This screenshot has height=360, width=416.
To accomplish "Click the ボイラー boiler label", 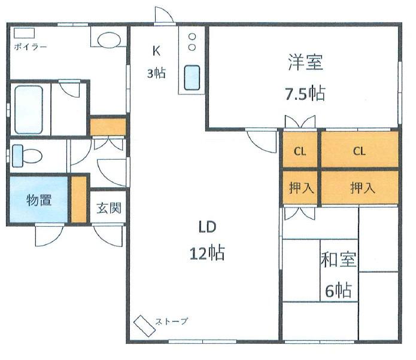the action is [31, 47].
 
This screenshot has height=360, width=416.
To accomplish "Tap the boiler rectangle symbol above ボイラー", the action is [24, 33].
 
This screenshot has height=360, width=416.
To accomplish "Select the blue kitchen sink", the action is [192, 78].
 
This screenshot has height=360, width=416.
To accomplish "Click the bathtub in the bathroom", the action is [29, 109].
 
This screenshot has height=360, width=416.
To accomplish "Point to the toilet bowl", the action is [27, 156].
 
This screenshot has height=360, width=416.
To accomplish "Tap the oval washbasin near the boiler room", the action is [109, 40].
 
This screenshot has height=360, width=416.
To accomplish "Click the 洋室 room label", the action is [305, 62].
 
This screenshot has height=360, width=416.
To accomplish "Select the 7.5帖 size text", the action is [305, 93].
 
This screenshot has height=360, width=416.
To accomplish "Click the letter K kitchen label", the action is [156, 51].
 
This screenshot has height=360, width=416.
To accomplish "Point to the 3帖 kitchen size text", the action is [157, 73].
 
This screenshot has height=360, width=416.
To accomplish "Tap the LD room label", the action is [207, 227].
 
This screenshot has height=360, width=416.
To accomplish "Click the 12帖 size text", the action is [207, 253].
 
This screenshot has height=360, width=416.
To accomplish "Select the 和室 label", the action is [338, 260].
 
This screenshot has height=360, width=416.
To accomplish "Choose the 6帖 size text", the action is [339, 290].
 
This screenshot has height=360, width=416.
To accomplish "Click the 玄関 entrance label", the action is [109, 208].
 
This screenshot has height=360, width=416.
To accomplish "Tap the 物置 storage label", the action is [39, 200].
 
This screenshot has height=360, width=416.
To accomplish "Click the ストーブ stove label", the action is [171, 321].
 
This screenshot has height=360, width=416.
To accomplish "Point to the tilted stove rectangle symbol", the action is [144, 326].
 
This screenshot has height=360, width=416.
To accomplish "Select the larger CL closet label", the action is [359, 151].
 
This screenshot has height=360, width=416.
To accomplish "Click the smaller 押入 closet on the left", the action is [300, 188].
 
